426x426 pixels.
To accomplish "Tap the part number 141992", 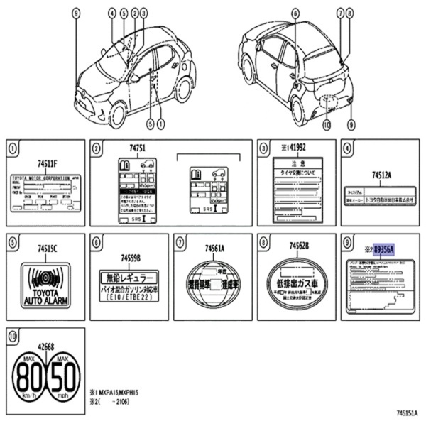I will [293, 148].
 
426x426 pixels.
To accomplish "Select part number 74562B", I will [298, 246].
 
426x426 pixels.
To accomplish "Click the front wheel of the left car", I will [117, 114].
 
